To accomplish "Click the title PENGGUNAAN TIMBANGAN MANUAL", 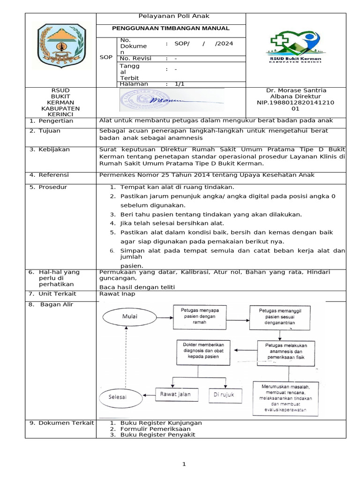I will coord(171,29).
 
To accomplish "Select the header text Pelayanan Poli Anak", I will coord(170,16).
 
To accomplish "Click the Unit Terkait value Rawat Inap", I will coord(117,294).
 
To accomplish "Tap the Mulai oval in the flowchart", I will coord(130,316).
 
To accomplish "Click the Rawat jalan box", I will coord(176,395).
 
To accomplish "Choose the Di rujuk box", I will coord(224,395).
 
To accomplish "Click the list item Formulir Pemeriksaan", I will coord(156,429).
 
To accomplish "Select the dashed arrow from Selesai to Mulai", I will coord(125,356).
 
